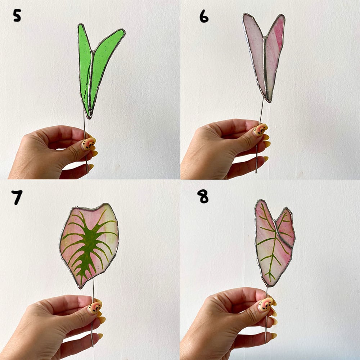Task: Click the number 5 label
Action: click(17, 15)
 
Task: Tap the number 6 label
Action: click(204, 16)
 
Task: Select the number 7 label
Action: click(17, 197)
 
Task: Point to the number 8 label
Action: click(203, 196)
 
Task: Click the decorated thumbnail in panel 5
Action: click(89, 144)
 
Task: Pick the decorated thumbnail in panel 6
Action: click(260, 130)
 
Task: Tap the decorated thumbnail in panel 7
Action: click(95, 307)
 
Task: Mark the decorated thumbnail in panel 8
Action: click(266, 304)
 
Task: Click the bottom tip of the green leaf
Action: click(89, 118)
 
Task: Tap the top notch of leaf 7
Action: click(95, 210)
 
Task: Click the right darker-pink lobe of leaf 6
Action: click(275, 55)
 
